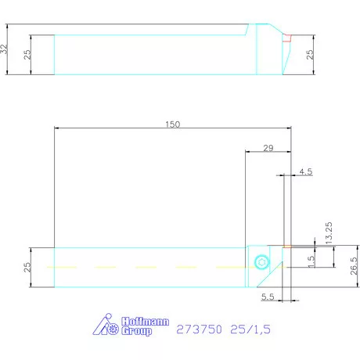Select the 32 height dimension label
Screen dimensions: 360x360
pos(6,49)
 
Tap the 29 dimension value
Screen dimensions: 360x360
pos(268,148)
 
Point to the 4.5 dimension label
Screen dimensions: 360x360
pos(305,171)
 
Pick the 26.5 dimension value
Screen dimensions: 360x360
pos(355,266)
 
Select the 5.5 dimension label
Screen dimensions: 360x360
pos(268,298)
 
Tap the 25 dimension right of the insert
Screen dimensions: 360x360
pos(309,55)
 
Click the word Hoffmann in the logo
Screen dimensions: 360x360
pos(139,322)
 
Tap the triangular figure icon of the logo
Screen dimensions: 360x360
pos(102,325)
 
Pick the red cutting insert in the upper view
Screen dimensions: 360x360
pos(286,37)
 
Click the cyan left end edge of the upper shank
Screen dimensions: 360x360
pos(54,55)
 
